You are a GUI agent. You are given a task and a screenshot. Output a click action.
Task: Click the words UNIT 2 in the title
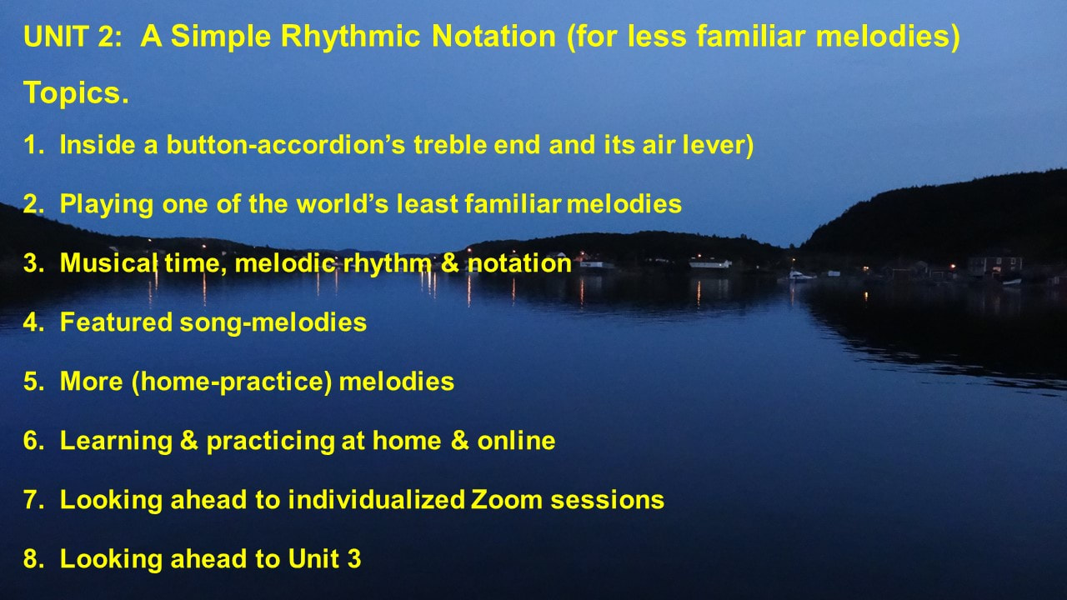pyautogui.click(x=73, y=36)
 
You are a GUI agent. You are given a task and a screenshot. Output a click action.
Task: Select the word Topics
pyautogui.click(x=76, y=93)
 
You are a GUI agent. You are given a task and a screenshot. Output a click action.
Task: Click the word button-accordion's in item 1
pyautogui.click(x=285, y=145)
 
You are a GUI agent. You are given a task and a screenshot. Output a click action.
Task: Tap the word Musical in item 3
pyautogui.click(x=108, y=262)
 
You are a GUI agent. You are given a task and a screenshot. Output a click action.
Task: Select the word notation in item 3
pyautogui.click(x=519, y=263)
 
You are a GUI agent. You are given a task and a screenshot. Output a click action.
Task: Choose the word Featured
pyautogui.click(x=116, y=322)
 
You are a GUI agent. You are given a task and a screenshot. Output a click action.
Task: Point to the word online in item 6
pyautogui.click(x=516, y=441)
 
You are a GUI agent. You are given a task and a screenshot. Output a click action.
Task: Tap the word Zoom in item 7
pyautogui.click(x=506, y=499)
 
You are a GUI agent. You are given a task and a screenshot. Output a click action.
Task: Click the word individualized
pyautogui.click(x=376, y=499)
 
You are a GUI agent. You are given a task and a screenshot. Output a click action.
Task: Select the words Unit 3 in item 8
pyautogui.click(x=324, y=558)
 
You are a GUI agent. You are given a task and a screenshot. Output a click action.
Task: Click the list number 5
pyautogui.click(x=33, y=382)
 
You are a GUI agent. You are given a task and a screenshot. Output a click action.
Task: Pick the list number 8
pyautogui.click(x=33, y=558)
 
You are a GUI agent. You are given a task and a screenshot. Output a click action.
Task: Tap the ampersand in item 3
pyautogui.click(x=449, y=262)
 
